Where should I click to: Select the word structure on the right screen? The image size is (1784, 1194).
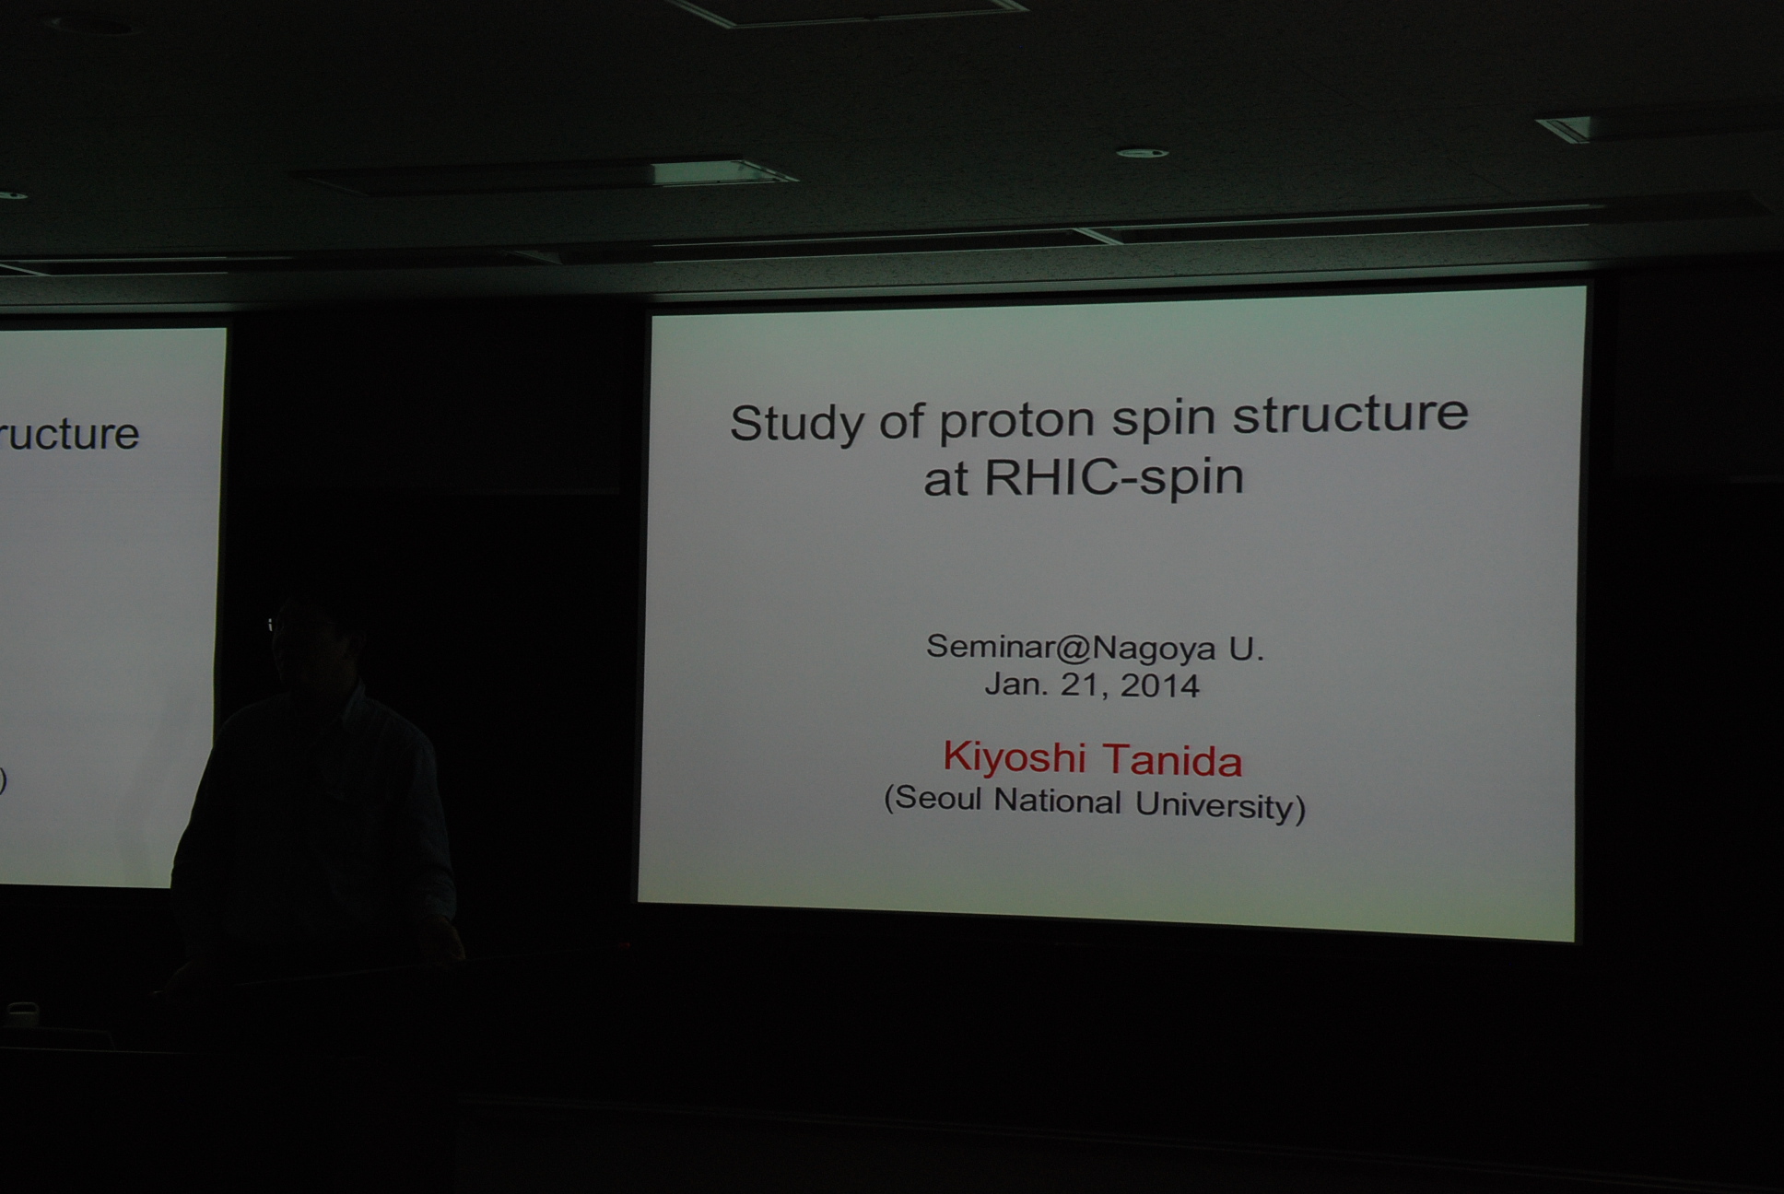point(1350,414)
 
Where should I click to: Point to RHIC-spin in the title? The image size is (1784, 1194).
point(1114,478)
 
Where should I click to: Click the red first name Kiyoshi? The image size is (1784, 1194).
point(1014,757)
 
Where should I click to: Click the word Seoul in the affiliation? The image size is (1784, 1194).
point(933,799)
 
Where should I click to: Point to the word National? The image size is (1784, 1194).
point(1058,802)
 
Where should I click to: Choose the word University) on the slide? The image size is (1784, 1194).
point(1220,806)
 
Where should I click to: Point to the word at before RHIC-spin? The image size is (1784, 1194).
point(945,480)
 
